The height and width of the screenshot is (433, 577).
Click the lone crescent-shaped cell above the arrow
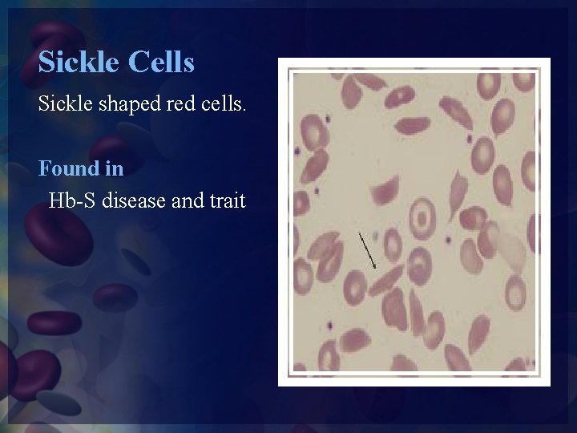385,191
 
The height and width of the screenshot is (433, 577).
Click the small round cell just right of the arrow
393,243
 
